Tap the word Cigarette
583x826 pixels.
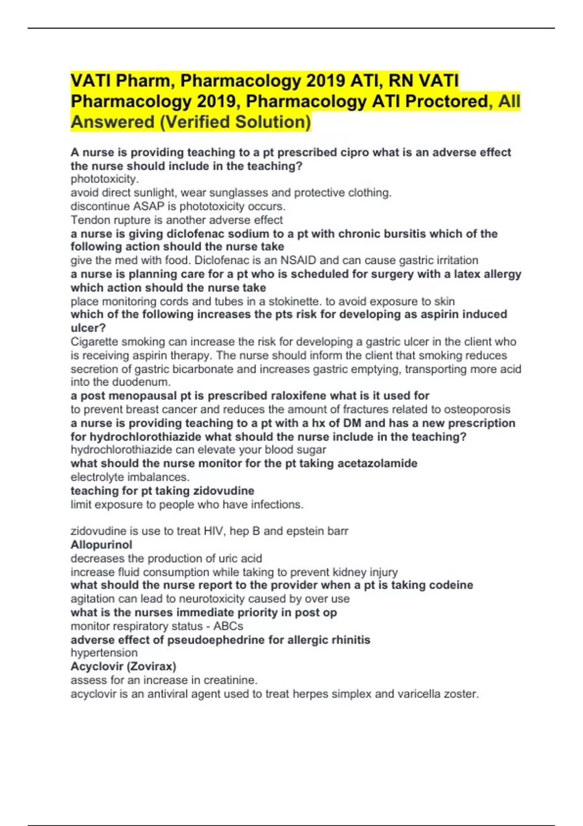pos(96,342)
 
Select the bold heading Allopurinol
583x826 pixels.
pos(101,545)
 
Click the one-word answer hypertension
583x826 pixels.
pos(104,653)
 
